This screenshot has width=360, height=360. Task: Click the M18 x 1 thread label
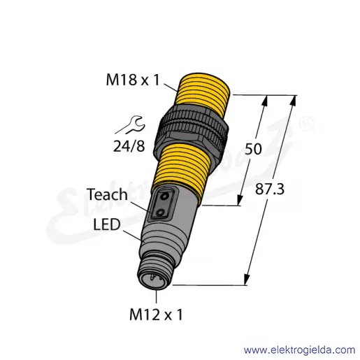pos(133,80)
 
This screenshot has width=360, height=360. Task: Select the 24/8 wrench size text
pos(129,146)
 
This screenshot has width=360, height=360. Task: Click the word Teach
pos(107,194)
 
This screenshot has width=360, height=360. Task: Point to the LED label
pos(107,224)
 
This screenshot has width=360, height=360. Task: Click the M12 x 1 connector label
pos(156,315)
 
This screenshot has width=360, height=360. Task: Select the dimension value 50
pos(253,149)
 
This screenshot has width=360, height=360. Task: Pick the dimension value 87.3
pos(270,189)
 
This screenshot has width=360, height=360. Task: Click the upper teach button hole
pos(164,197)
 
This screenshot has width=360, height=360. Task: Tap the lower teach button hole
pos(160,213)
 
